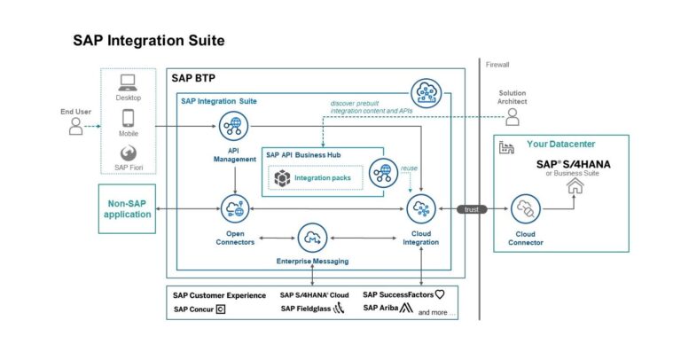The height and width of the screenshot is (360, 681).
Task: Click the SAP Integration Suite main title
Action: [148, 41]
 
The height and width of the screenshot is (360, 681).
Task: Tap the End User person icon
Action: [77, 127]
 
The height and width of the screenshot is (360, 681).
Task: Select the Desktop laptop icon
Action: [128, 82]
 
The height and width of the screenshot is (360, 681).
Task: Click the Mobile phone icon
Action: [128, 117]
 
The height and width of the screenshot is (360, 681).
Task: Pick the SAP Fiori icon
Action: [128, 152]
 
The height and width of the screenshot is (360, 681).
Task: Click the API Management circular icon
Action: [235, 127]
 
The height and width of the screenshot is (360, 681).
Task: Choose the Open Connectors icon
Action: [235, 209]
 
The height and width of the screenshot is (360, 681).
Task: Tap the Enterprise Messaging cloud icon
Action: [312, 238]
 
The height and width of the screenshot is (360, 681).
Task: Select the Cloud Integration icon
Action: [420, 209]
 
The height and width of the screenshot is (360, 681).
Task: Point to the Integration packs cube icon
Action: [282, 178]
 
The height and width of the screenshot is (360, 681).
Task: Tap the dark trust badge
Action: [473, 209]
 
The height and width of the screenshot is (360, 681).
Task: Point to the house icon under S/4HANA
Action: [575, 186]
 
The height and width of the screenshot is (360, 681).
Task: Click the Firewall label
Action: [498, 64]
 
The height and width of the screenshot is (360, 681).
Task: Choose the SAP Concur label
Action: [193, 309]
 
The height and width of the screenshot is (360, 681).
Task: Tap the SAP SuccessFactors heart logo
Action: [439, 294]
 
